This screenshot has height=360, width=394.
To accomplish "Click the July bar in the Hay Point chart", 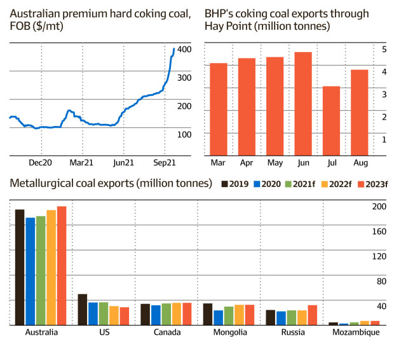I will click(x=331, y=121).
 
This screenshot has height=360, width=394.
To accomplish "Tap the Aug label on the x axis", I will click(x=360, y=163).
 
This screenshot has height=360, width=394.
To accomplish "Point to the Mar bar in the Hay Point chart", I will click(x=218, y=109).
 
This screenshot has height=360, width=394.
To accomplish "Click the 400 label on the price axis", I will click(x=184, y=50).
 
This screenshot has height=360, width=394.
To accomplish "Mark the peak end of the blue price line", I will click(x=174, y=49).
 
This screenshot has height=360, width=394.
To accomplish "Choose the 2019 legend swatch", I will click(x=225, y=184).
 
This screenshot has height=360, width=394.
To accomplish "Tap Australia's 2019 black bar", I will click(x=20, y=267).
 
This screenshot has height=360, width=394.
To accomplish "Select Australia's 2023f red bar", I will click(x=62, y=266).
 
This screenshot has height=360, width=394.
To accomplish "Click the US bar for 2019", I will click(x=83, y=310).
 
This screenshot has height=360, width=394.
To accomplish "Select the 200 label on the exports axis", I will click(x=379, y=207).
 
